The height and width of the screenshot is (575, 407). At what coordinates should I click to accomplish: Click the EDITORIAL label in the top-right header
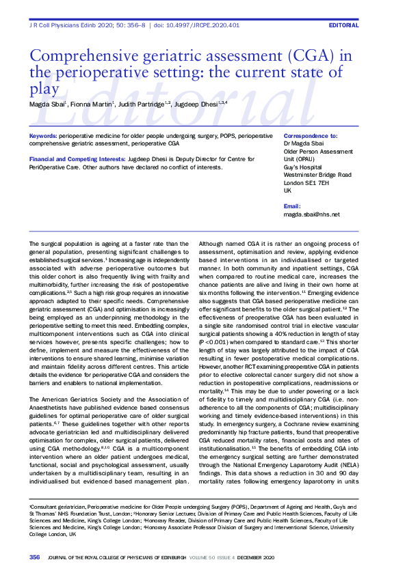pos(343,25)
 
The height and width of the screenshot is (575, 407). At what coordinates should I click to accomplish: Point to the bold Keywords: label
pos(43,137)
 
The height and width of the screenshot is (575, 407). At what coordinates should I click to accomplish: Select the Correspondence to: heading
pos(310,137)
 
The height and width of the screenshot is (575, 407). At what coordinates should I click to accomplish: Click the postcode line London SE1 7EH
pos(306,182)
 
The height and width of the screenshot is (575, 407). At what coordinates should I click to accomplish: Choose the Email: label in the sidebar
pos(291,206)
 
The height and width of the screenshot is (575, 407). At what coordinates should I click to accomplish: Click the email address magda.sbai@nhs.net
pos(311,214)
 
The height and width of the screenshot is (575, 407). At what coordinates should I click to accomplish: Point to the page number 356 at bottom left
pos(35,557)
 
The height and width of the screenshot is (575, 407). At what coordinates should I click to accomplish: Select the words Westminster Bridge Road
pos(317,175)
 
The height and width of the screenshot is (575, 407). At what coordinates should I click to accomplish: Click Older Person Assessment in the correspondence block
pos(317,151)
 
